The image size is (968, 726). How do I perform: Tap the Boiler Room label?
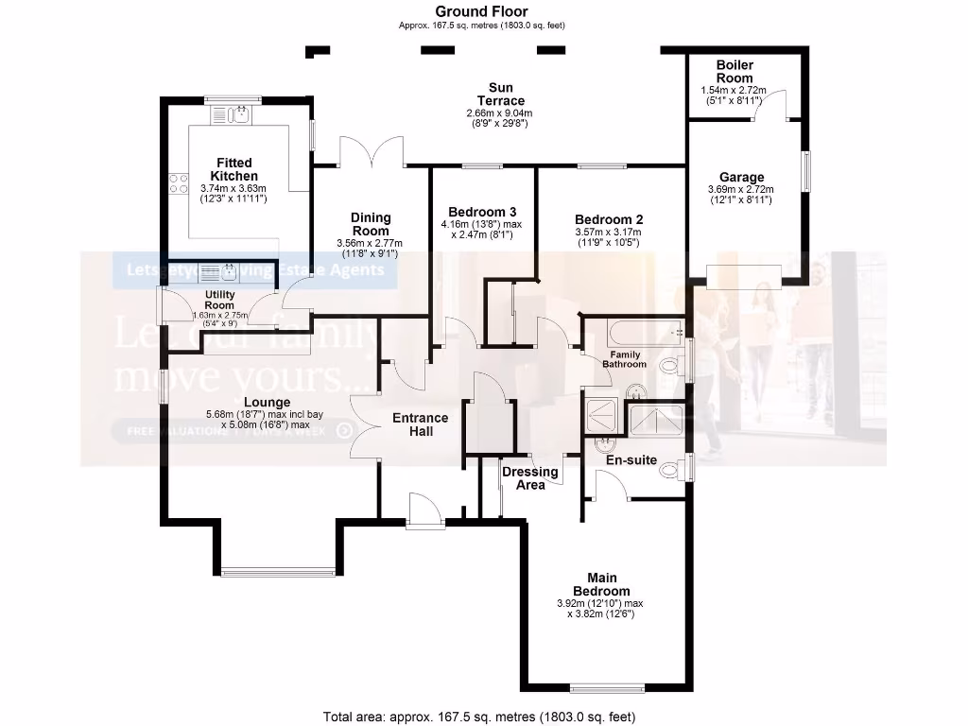(734, 72)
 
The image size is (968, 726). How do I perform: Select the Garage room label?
(741, 177)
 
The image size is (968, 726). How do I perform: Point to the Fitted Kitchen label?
(233, 169)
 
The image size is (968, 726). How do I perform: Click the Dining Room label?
(371, 224)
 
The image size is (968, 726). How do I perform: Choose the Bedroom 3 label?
(481, 211)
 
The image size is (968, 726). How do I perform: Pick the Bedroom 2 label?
(608, 218)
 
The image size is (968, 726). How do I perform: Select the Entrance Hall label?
(421, 424)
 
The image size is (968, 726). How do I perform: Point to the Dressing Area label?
(529, 478)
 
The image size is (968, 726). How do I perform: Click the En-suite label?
(632, 460)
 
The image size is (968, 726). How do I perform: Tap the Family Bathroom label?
(624, 358)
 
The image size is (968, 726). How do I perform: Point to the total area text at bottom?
(486, 715)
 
